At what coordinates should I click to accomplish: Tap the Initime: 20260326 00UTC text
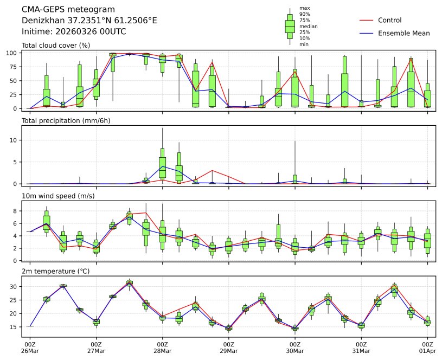pos(74,31)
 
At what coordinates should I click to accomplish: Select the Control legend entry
pos(389,20)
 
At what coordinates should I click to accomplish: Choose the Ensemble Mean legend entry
pos(403,33)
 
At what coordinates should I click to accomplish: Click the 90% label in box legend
pos(305,14)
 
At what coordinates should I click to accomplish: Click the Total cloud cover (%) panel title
pos(56,45)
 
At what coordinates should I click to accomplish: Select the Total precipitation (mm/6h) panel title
pos(66,120)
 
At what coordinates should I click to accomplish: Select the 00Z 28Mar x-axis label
pos(162,347)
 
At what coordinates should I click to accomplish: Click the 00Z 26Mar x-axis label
pos(30,347)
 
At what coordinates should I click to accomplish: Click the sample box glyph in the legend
pos(290,26)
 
